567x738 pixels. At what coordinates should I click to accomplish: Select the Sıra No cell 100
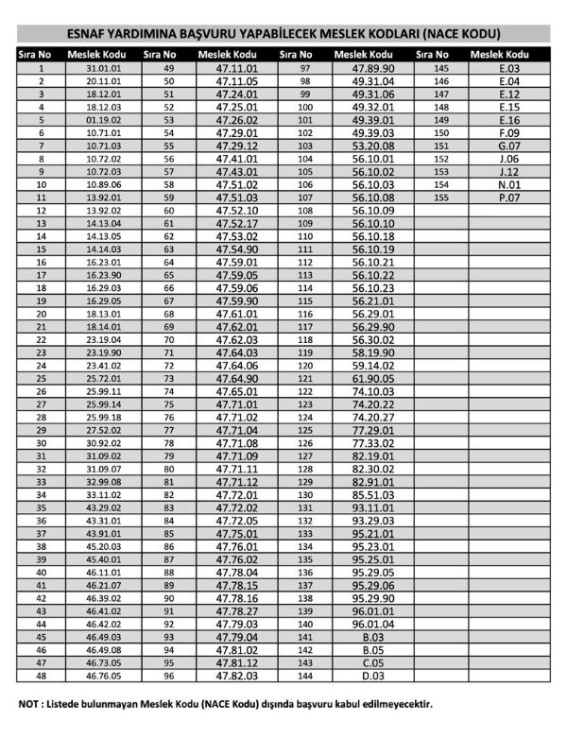pos(305,108)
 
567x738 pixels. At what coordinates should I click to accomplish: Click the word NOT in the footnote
pos(29,705)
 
